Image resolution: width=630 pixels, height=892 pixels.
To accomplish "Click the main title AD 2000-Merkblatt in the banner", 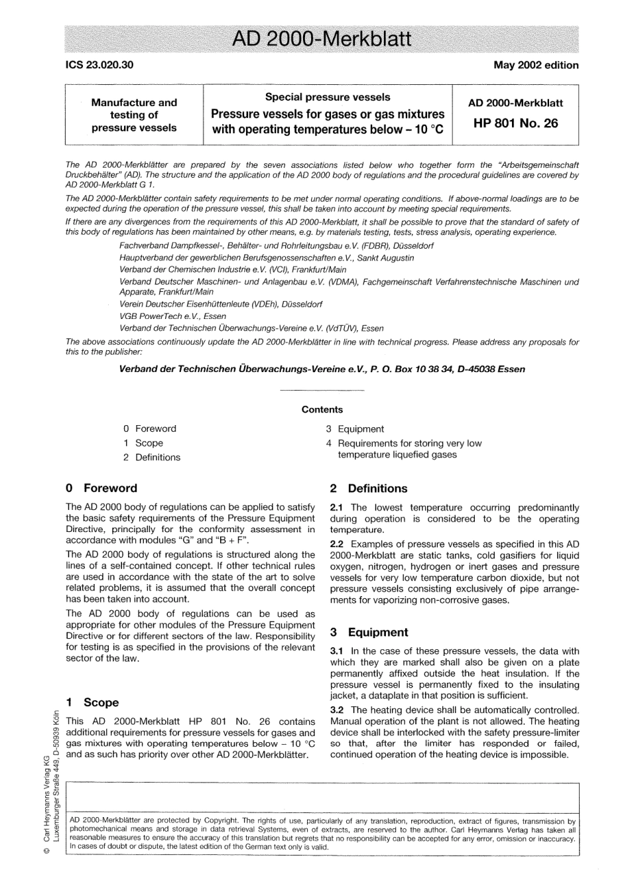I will pyautogui.click(x=322, y=38).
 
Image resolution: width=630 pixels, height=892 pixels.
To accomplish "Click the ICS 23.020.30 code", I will pyautogui.click(x=99, y=65).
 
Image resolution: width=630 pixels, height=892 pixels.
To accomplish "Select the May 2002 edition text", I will pyautogui.click(x=536, y=65).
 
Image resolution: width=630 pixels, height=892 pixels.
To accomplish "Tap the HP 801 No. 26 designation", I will pyautogui.click(x=515, y=123).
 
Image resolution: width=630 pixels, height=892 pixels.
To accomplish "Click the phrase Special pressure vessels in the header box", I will pyautogui.click(x=328, y=97).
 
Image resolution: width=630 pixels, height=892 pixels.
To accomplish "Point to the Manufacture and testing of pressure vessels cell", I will pyautogui.click(x=134, y=115).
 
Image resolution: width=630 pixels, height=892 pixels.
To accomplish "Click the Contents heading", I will pyautogui.click(x=322, y=409).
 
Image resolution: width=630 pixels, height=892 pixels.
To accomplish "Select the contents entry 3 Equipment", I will pyautogui.click(x=355, y=429).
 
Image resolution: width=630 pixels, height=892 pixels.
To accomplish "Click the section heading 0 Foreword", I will pyautogui.click(x=101, y=488).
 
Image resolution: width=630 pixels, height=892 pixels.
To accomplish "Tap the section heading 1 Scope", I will pyautogui.click(x=92, y=702).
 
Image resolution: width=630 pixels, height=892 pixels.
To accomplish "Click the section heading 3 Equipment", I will pyautogui.click(x=369, y=632).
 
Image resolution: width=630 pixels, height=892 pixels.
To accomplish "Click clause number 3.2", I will pyautogui.click(x=337, y=710).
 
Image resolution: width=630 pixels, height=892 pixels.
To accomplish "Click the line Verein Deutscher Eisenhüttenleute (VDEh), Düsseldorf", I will pyautogui.click(x=221, y=304).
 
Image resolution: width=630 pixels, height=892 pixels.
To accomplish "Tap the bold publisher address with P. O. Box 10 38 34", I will pyautogui.click(x=322, y=369).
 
